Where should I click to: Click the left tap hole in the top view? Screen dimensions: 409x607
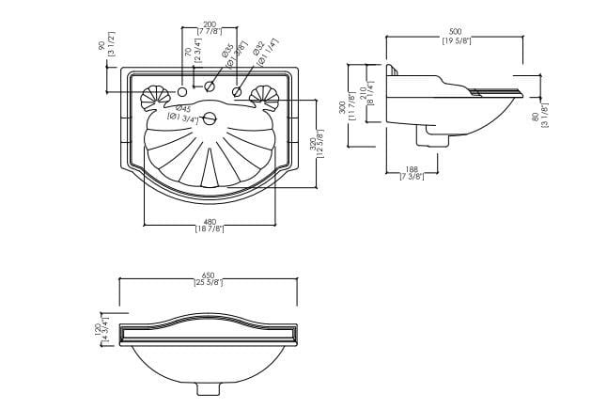tap(183, 92)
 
